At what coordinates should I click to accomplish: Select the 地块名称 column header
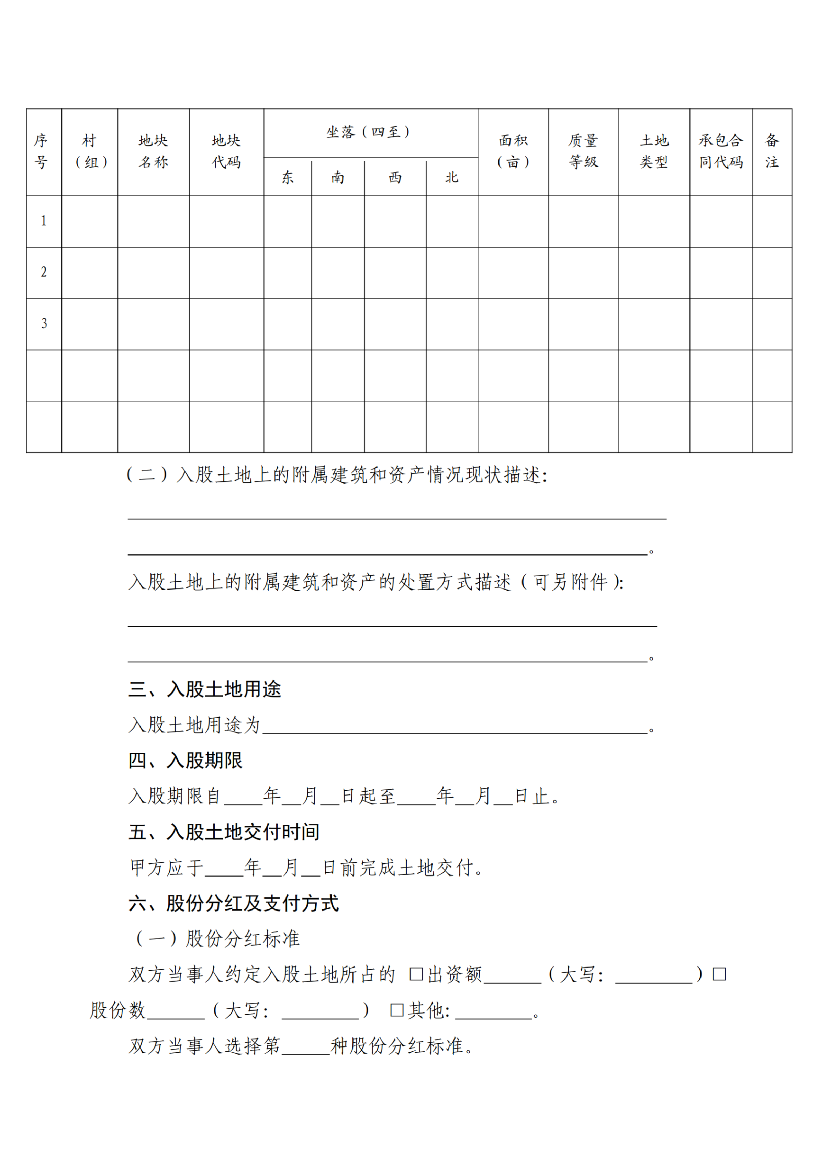click(153, 151)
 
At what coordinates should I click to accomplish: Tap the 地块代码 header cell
click(226, 151)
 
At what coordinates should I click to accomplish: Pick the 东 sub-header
click(288, 178)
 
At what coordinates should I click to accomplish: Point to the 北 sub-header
click(451, 178)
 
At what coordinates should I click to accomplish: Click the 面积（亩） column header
click(513, 151)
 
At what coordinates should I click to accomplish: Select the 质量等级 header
click(583, 151)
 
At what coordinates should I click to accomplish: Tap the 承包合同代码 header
click(721, 151)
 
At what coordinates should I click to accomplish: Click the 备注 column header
click(772, 151)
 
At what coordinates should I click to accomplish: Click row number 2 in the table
click(44, 272)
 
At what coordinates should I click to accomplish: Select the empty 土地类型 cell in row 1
click(654, 221)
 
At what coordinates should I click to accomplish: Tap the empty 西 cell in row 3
click(395, 324)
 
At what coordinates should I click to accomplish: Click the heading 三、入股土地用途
click(204, 689)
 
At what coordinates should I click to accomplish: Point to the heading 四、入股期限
click(185, 760)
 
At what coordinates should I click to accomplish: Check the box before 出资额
click(416, 974)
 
